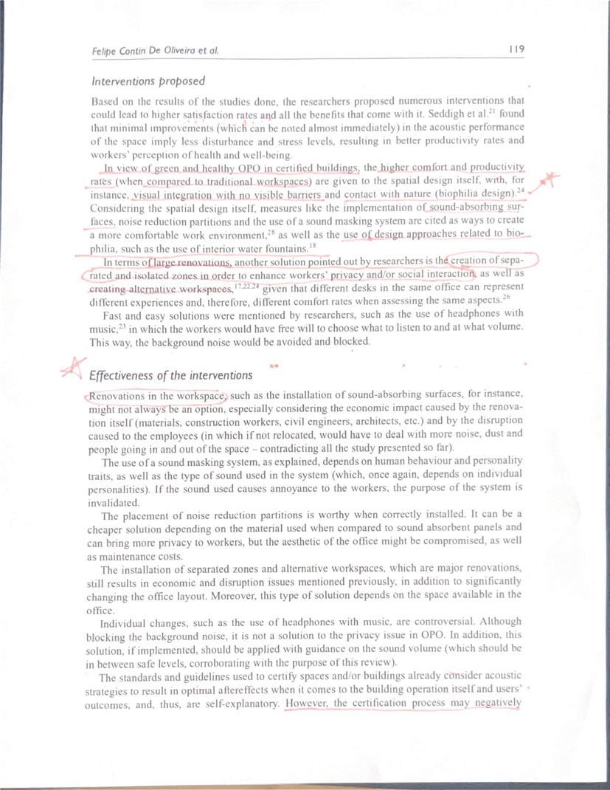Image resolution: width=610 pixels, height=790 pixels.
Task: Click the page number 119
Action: pos(516,49)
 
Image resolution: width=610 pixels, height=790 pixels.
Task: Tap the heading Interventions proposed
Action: pos(148,80)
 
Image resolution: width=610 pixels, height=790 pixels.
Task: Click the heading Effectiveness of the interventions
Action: pos(170,375)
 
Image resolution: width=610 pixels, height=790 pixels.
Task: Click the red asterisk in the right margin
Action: pos(550,180)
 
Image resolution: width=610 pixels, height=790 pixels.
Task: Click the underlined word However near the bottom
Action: pos(306,703)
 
